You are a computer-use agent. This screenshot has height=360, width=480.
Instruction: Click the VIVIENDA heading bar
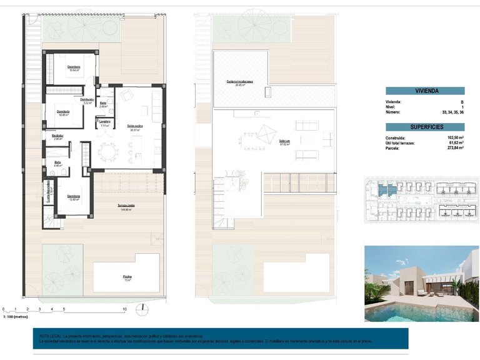[424, 91]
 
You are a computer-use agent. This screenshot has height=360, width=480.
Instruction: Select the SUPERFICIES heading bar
[424, 127]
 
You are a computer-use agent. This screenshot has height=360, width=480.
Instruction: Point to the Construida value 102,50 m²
[454, 137]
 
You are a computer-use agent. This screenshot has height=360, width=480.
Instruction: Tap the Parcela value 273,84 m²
[454, 148]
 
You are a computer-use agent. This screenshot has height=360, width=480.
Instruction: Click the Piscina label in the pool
[127, 276]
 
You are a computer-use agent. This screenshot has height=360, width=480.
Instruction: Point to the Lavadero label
[104, 121]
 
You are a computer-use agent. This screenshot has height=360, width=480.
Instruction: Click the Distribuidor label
[87, 99]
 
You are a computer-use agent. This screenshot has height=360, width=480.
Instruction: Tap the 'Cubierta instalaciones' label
[239, 82]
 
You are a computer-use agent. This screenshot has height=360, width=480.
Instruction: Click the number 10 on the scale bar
[124, 309]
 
